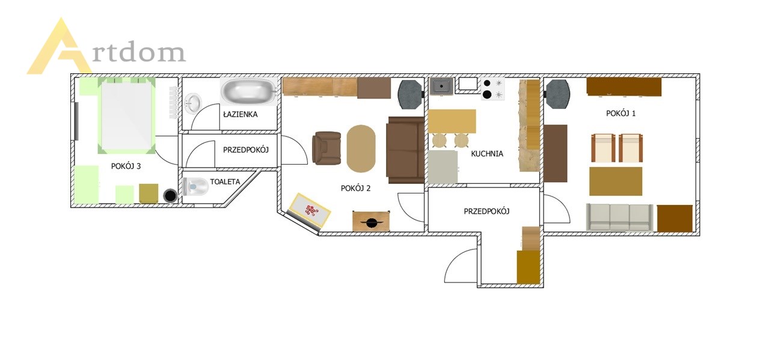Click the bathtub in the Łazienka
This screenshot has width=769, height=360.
248,91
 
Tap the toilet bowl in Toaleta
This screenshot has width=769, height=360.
195,187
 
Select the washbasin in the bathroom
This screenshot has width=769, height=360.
193,103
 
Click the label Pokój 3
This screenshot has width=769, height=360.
126,166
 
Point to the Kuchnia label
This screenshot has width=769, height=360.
487,154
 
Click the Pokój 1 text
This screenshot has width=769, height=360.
620,113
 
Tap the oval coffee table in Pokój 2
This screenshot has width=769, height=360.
361,148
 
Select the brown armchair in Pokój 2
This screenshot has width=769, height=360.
326,148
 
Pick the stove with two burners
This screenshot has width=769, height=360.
493,89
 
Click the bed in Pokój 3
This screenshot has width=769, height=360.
127,115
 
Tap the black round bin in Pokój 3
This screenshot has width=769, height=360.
170,196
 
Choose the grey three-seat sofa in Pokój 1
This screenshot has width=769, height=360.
620,218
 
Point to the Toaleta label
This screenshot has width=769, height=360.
225,182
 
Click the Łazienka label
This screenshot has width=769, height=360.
241,114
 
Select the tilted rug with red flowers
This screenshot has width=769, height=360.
310,209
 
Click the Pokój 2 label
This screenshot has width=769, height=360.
356,188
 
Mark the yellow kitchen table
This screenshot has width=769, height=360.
452,121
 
